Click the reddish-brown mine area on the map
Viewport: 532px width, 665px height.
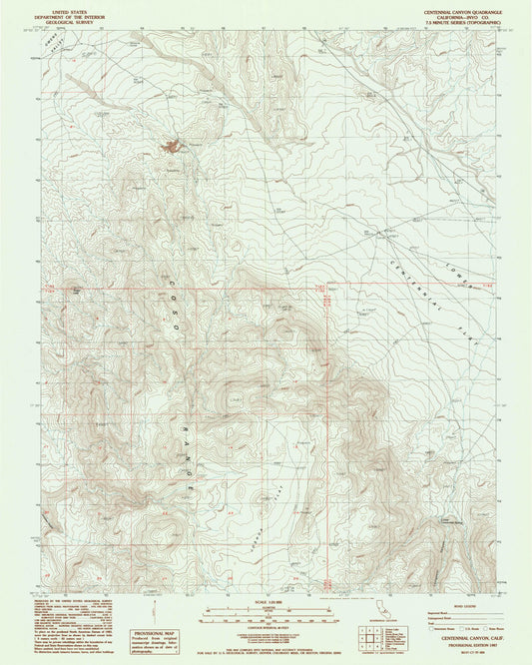[173, 148]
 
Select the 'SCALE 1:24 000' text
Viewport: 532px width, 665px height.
[266, 602]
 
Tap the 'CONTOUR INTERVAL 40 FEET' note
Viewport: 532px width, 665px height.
[266, 624]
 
